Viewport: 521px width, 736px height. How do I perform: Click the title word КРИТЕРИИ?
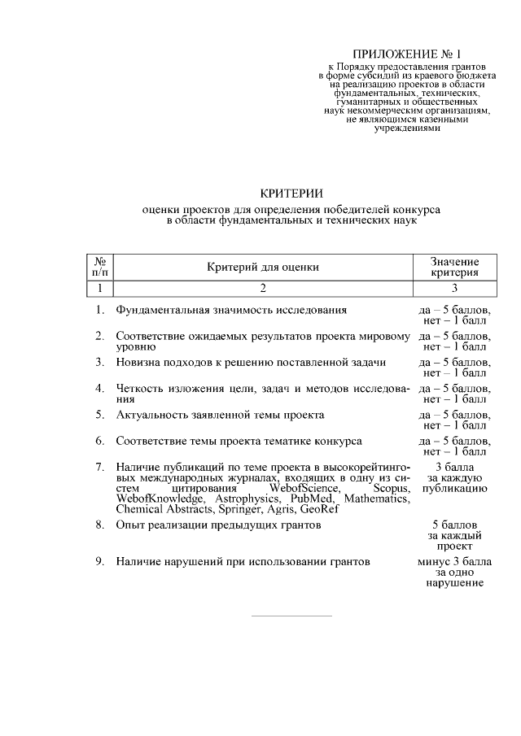coord(291,193)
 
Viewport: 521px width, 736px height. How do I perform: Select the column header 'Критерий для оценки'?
coord(262,267)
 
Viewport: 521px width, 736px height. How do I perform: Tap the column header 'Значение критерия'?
coord(454,267)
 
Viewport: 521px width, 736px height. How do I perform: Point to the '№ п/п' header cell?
coord(100,267)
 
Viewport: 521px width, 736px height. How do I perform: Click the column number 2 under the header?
coord(262,287)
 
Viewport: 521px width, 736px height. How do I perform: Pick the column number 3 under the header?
coord(454,287)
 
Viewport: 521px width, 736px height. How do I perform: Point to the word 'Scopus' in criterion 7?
coord(390,488)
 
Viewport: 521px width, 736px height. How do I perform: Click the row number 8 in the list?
coord(99,525)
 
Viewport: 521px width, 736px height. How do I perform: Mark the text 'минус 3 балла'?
coord(454,561)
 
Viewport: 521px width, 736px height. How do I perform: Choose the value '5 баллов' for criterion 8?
coord(454,525)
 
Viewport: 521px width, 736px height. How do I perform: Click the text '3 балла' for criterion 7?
coord(454,467)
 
